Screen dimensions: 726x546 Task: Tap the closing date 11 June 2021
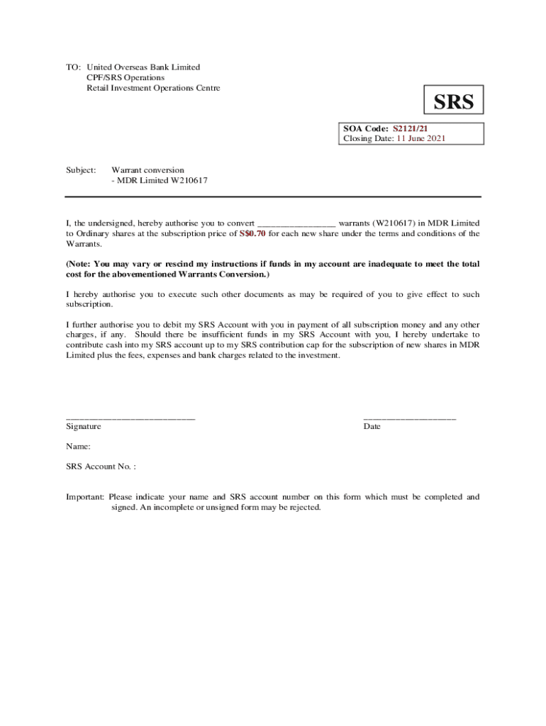(x=420, y=139)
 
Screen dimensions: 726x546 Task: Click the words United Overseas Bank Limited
(x=143, y=67)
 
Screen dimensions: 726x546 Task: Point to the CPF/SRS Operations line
(x=126, y=77)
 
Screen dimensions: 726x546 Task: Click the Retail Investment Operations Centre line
(x=153, y=88)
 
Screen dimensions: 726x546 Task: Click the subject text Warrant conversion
(x=147, y=170)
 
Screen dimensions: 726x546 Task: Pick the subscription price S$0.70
(x=252, y=233)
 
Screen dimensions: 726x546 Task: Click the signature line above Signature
(x=130, y=419)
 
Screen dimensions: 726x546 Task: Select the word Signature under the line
(x=84, y=427)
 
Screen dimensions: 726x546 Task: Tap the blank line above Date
(x=410, y=419)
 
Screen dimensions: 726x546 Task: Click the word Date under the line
(x=372, y=427)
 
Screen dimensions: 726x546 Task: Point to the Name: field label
(x=78, y=447)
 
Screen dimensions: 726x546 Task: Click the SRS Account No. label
(x=101, y=467)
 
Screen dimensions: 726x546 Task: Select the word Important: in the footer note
(x=85, y=497)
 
